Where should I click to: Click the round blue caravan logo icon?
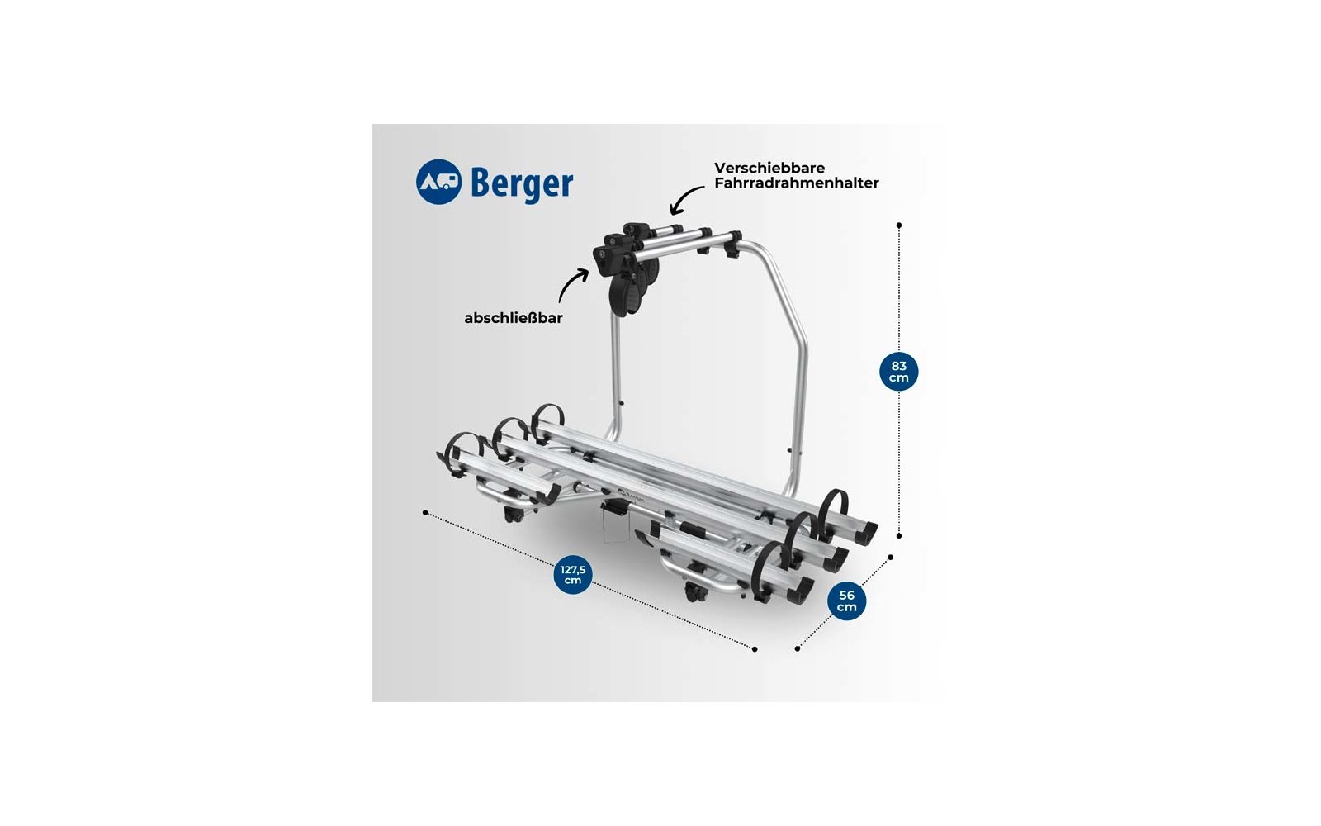point(438,182)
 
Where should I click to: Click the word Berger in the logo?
point(522,183)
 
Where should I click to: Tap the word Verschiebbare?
point(769,168)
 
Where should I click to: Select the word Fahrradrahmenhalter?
point(796,183)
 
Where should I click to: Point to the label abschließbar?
point(513,318)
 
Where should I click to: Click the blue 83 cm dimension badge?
point(898,372)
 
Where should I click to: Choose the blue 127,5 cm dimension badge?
point(573,575)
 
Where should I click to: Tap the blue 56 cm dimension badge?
point(846,601)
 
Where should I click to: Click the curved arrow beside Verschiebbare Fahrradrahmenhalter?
point(685,201)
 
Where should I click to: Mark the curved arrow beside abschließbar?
point(571,285)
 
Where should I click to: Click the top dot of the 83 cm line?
point(899,225)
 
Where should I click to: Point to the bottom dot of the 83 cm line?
point(899,535)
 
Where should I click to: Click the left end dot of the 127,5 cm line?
point(425,512)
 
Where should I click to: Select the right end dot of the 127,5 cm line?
point(755,649)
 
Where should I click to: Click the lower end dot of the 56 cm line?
point(797,648)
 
